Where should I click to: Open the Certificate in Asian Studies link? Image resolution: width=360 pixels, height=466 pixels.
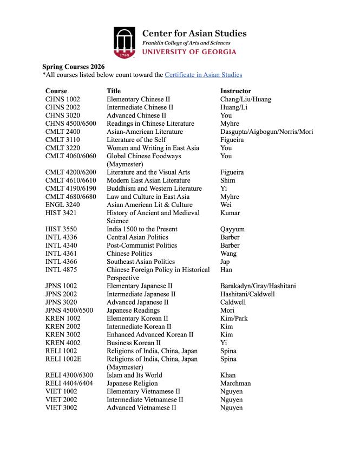coord(203,75)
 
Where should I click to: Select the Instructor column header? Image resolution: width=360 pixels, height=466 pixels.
coord(235,91)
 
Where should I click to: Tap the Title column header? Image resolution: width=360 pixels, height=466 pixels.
coord(114,91)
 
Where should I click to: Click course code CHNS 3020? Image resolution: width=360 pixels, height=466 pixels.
coord(61,115)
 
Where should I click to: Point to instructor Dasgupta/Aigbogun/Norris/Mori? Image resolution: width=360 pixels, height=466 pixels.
coord(266,132)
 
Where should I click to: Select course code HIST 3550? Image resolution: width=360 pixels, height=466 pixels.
coord(61,229)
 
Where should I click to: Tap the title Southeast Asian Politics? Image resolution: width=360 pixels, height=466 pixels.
coord(141,262)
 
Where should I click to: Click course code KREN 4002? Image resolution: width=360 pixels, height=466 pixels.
coord(61,343)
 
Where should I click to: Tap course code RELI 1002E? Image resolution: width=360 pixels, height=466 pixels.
coord(63,359)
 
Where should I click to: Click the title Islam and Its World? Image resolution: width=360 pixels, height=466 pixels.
coord(134,376)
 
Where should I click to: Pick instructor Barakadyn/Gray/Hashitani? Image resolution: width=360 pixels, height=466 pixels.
coord(258,286)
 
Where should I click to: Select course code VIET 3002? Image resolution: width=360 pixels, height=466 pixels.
coord(61,408)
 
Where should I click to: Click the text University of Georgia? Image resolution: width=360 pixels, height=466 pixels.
coord(189,52)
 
